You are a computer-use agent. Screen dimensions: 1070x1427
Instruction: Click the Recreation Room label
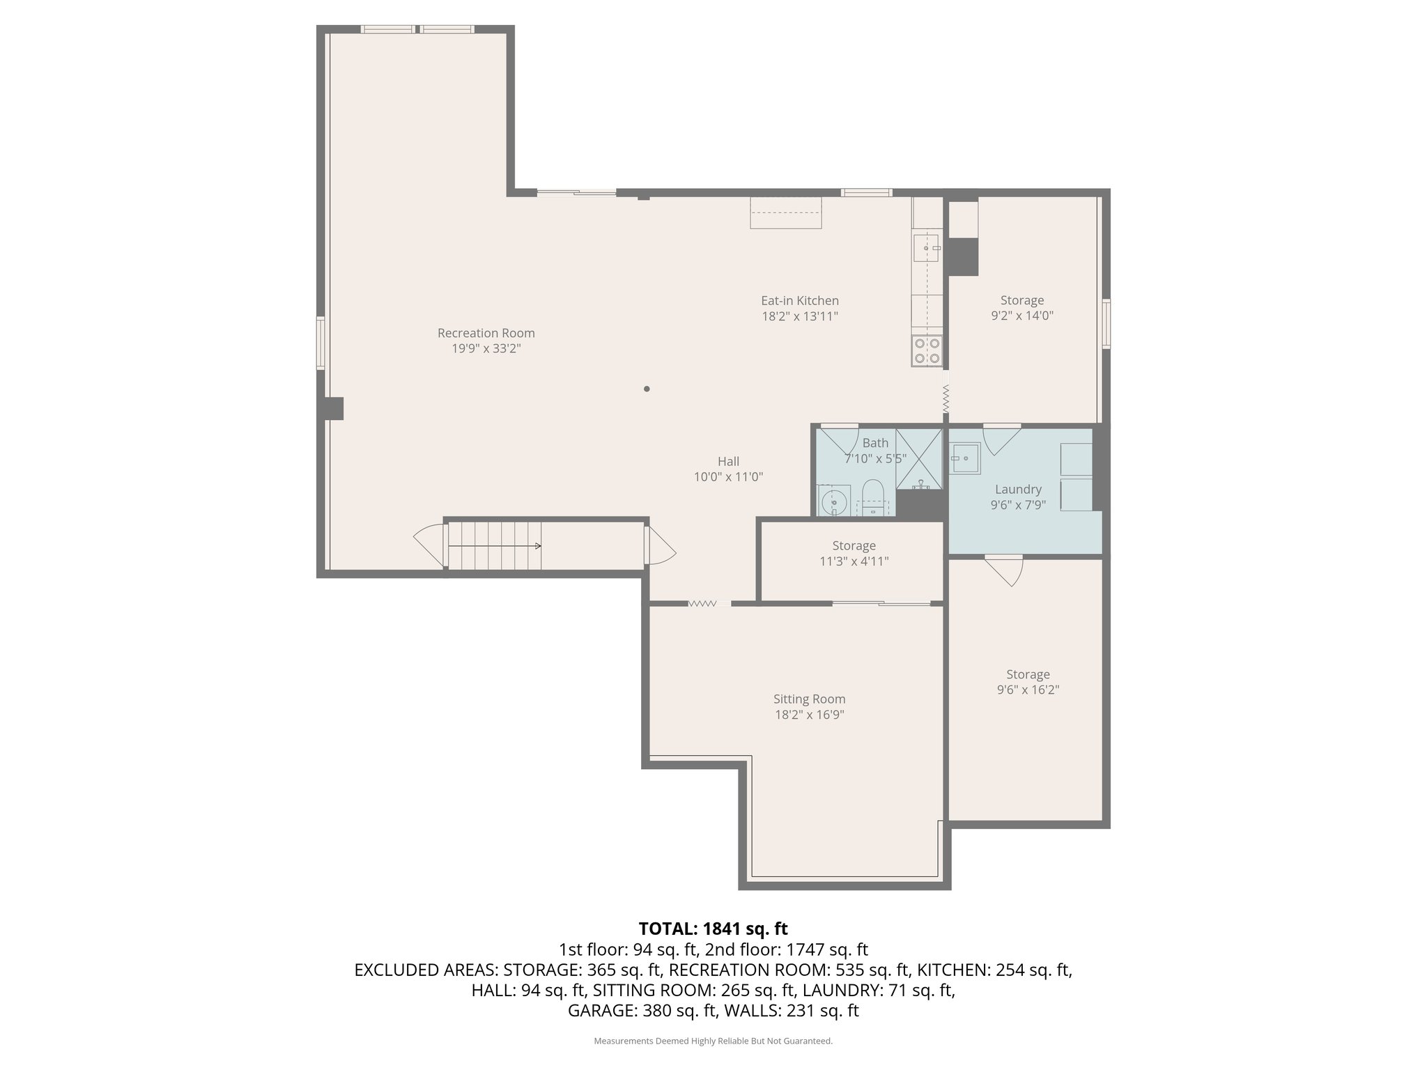pyautogui.click(x=486, y=333)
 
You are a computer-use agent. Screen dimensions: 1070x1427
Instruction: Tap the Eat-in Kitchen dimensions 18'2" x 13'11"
pyautogui.click(x=799, y=316)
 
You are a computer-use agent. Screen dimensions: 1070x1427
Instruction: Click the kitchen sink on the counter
pyautogui.click(x=927, y=247)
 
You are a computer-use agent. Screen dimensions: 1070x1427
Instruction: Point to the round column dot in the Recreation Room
pyautogui.click(x=647, y=389)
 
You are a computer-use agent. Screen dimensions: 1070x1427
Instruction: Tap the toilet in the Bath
pyautogui.click(x=872, y=498)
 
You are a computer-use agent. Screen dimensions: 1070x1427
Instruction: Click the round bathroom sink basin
pyautogui.click(x=833, y=501)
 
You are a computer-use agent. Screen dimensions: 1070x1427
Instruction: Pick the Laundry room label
pyautogui.click(x=1018, y=489)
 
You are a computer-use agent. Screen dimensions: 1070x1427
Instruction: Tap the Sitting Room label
pyautogui.click(x=809, y=699)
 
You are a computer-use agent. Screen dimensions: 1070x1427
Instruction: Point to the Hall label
pyautogui.click(x=728, y=461)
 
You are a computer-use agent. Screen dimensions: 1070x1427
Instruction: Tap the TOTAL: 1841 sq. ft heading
pyautogui.click(x=713, y=929)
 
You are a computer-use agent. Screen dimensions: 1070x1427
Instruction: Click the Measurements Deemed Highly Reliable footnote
pyautogui.click(x=713, y=1041)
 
